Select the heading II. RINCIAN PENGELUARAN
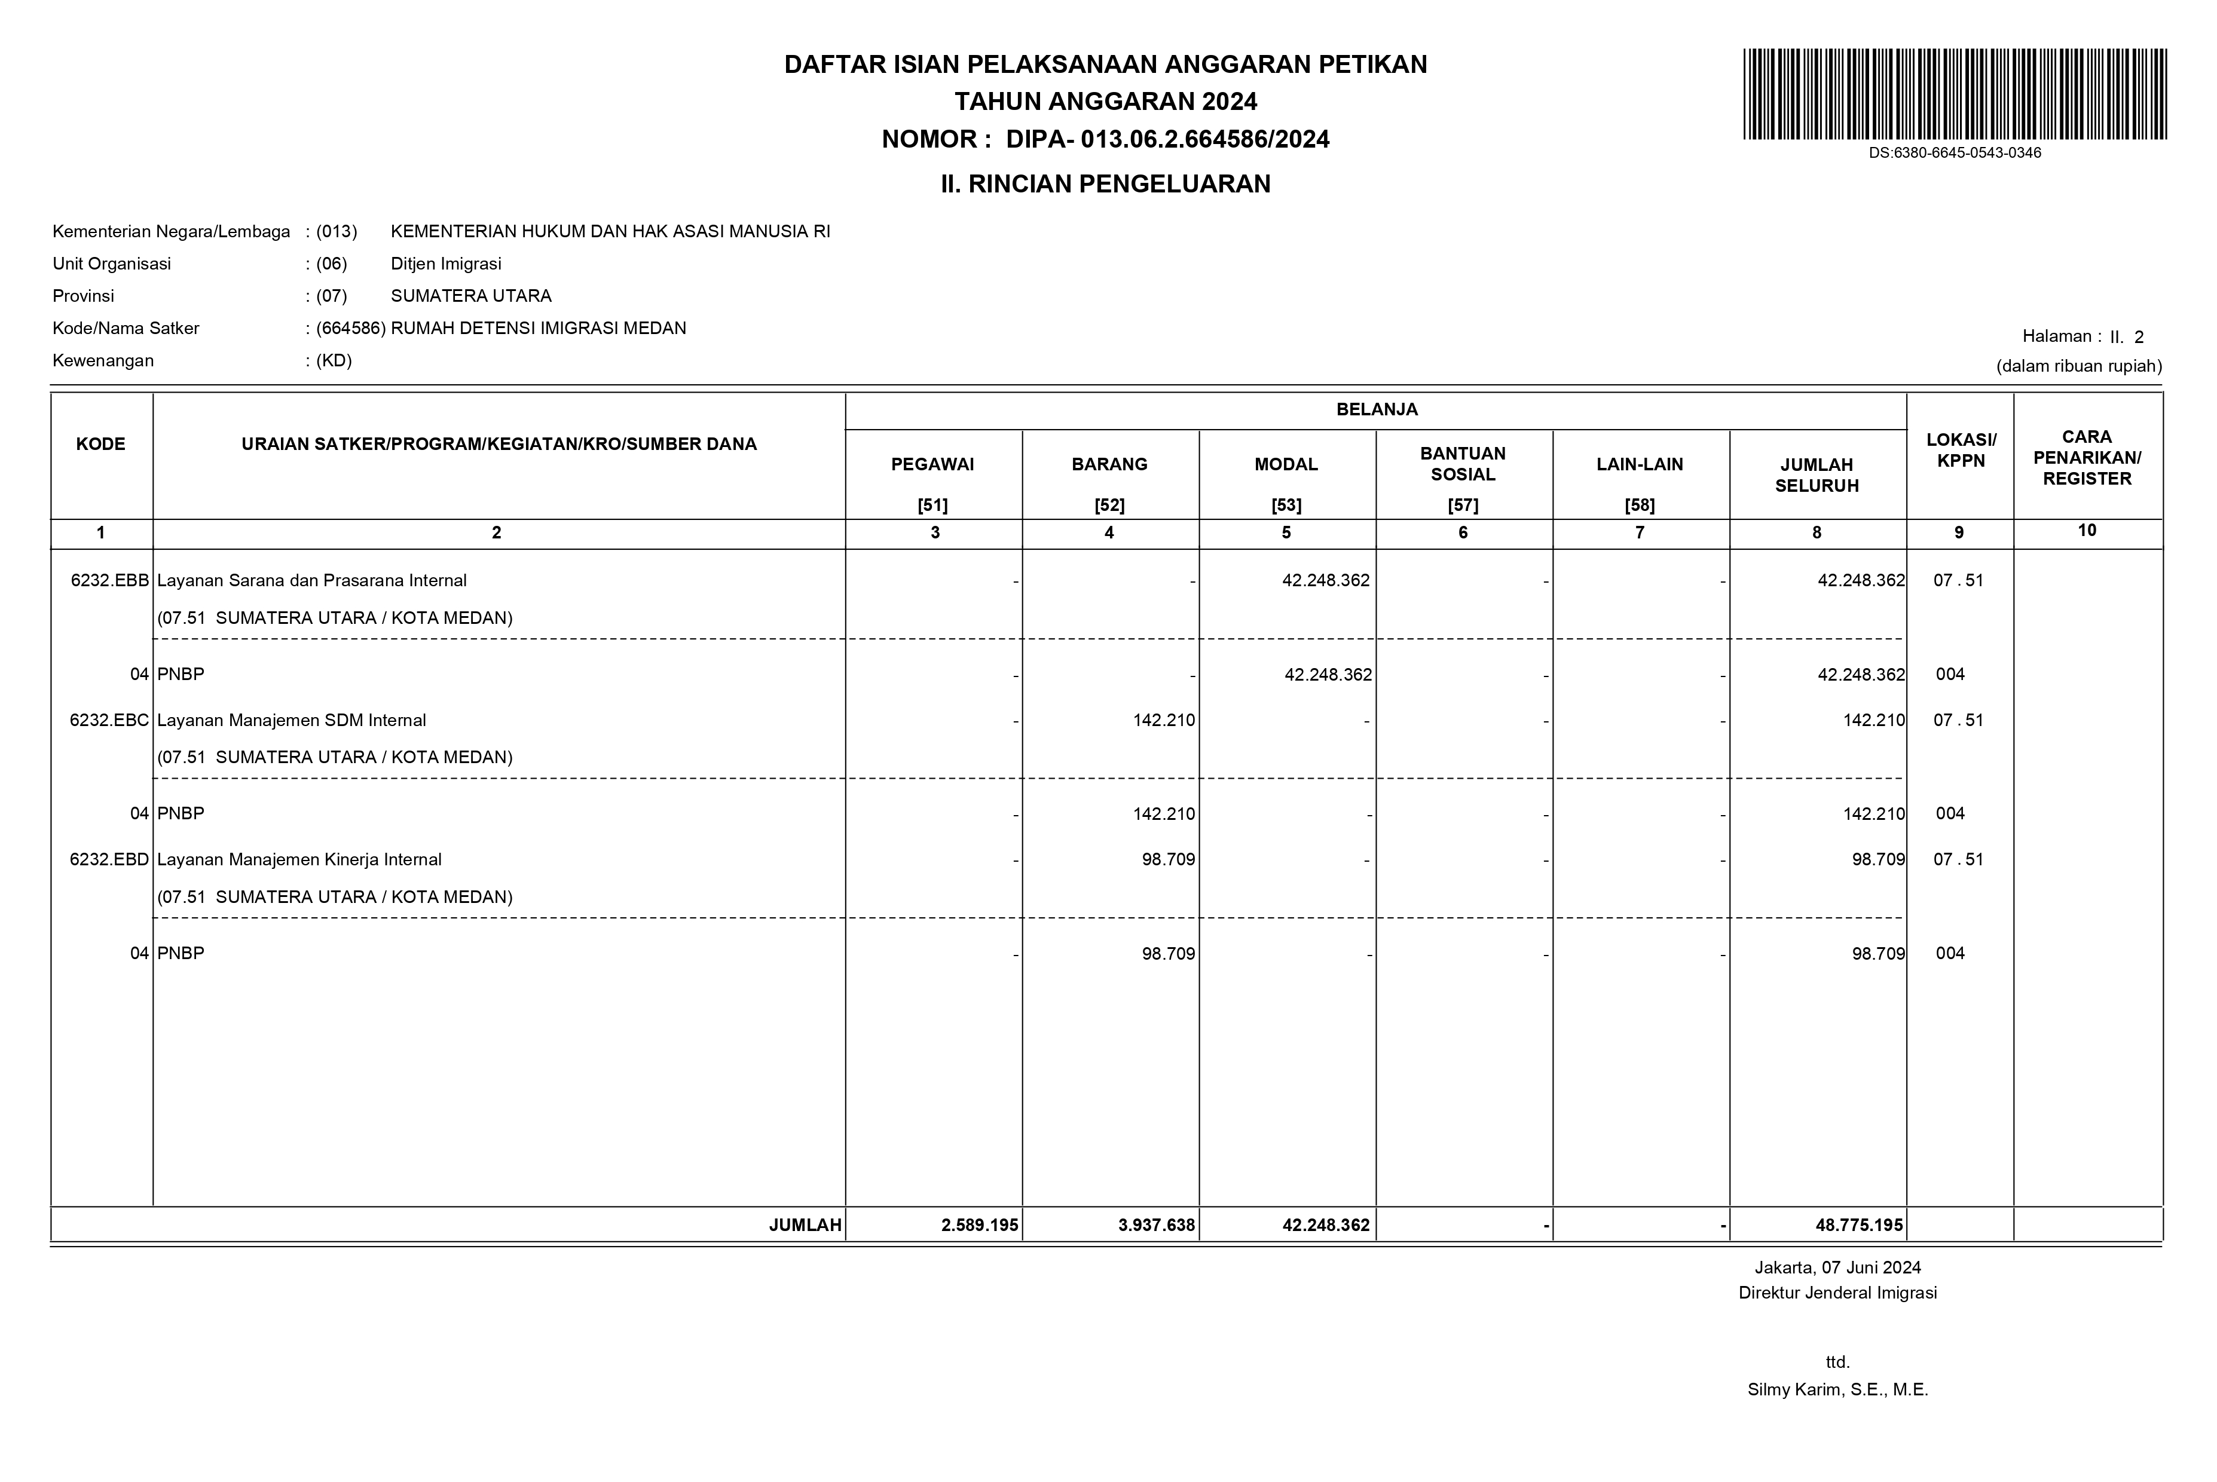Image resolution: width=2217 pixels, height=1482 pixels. point(1105,184)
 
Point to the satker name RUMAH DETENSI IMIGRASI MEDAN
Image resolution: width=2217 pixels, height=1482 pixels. point(538,328)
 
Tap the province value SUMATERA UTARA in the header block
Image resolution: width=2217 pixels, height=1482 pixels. point(471,296)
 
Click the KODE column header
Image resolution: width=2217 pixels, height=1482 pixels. point(101,444)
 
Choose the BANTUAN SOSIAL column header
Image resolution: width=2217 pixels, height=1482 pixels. point(1463,464)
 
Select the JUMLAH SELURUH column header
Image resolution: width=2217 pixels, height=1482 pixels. point(1816,474)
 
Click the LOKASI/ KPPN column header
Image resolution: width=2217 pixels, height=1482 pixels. point(1961,451)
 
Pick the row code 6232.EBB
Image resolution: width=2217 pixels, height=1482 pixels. point(109,580)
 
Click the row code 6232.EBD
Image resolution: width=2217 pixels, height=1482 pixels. point(109,859)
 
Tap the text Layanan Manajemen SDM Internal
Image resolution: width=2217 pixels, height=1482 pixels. point(291,720)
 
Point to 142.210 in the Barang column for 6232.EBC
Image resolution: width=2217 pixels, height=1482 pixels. point(1164,720)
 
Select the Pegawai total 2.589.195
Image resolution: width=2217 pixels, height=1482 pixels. point(980,1225)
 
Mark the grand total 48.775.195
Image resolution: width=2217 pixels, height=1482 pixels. point(1859,1225)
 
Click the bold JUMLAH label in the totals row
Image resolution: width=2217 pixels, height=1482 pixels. point(805,1225)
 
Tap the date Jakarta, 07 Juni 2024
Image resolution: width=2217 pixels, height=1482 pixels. point(1837,1267)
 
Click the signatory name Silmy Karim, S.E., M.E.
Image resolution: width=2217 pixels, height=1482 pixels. point(1837,1389)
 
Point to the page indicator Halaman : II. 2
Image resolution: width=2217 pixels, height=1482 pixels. point(2083,336)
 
